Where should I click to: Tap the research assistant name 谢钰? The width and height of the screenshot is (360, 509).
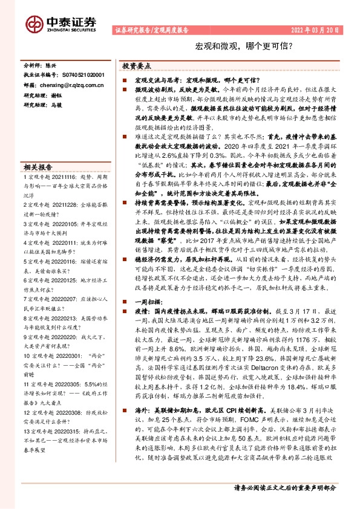(56, 96)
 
